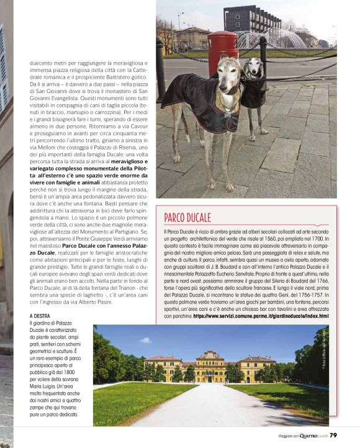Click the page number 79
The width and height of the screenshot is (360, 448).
point(333,436)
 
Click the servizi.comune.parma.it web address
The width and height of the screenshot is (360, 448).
point(261,316)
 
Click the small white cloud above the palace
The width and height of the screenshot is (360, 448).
point(146,339)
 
